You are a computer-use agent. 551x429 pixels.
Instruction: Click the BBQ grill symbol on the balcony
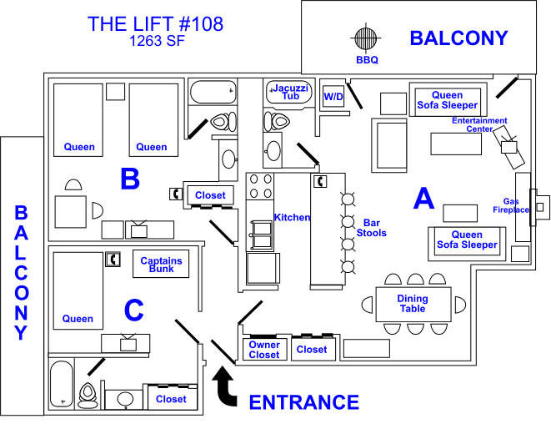pyautogui.click(x=366, y=38)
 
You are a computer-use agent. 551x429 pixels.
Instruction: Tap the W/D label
pyautogui.click(x=333, y=97)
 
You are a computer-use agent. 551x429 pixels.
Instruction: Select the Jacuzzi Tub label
pyautogui.click(x=290, y=92)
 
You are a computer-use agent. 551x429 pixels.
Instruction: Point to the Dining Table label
pyautogui.click(x=413, y=304)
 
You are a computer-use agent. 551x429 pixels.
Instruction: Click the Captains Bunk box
pyautogui.click(x=161, y=264)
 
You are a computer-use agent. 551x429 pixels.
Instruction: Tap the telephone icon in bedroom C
pyautogui.click(x=113, y=260)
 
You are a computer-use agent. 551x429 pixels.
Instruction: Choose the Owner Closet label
pyautogui.click(x=264, y=350)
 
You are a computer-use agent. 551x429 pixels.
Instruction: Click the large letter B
pyautogui.click(x=130, y=179)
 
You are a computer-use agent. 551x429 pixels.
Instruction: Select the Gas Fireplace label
pyautogui.click(x=511, y=205)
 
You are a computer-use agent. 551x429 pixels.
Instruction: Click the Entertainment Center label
pyautogui.click(x=479, y=124)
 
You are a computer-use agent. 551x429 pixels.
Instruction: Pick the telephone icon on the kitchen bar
pyautogui.click(x=320, y=181)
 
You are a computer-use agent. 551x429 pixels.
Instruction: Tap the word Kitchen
pyautogui.click(x=292, y=218)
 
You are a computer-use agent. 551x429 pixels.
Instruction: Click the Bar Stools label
pyautogui.click(x=372, y=228)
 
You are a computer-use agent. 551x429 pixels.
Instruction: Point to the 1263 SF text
pyautogui.click(x=157, y=41)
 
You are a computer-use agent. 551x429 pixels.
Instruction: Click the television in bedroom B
pyautogui.click(x=139, y=229)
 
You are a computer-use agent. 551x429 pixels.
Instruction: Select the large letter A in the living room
pyautogui.click(x=423, y=198)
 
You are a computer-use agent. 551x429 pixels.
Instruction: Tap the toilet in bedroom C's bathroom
pyautogui.click(x=88, y=396)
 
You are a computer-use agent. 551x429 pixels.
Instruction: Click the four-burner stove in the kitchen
pyautogui.click(x=260, y=186)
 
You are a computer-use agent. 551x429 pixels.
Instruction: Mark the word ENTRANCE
pyautogui.click(x=304, y=402)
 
